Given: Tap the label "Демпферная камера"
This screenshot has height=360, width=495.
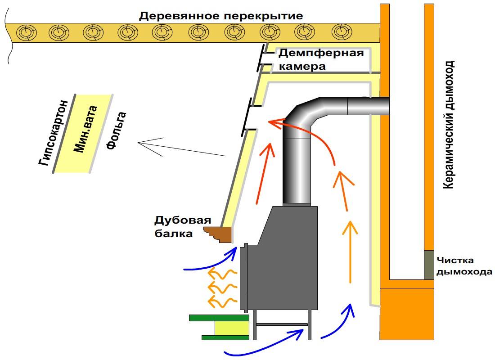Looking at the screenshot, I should pyautogui.click(x=321, y=60).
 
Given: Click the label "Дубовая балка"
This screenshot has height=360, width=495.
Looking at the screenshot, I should pyautogui.click(x=182, y=227).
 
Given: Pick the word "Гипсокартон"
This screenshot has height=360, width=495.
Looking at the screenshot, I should pyautogui.click(x=54, y=132).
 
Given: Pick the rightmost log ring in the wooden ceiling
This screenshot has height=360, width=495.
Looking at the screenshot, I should pyautogui.click(x=340, y=32).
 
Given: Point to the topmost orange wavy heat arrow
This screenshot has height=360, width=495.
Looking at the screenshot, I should pyautogui.click(x=221, y=274).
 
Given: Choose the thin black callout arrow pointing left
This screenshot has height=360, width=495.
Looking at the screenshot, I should pyautogui.click(x=180, y=148).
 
